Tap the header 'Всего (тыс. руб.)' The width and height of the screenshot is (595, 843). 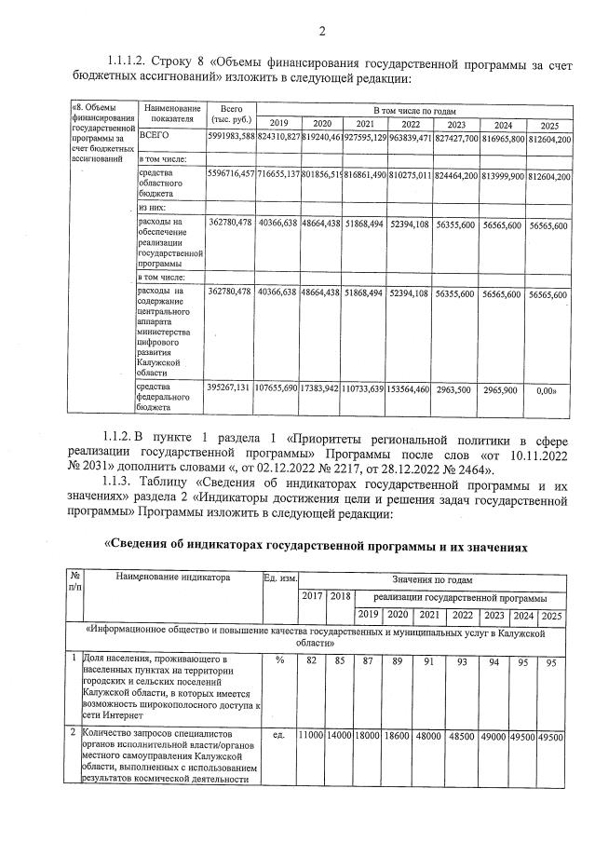pos(228,115)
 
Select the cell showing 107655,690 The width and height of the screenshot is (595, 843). pos(277,387)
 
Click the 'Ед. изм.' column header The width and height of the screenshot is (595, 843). pos(279,578)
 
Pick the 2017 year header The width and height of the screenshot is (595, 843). pos(312,596)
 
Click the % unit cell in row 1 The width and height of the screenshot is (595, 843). pos(278,660)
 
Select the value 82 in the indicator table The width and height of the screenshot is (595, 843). pos(312,660)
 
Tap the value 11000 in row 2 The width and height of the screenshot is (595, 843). pos(310,736)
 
